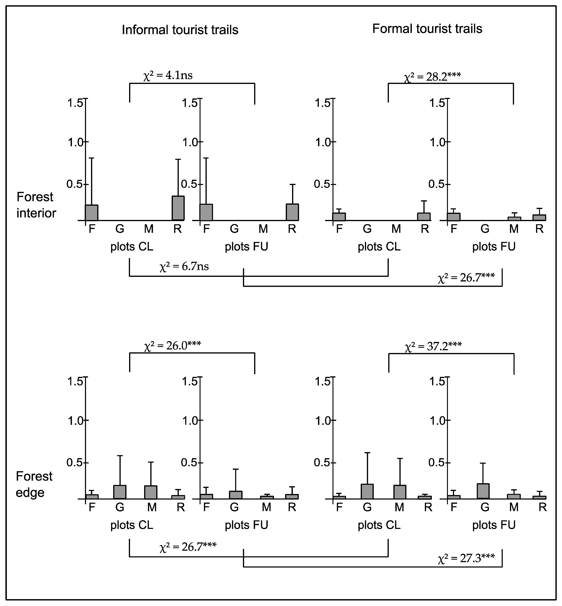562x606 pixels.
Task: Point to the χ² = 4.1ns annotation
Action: pos(168,75)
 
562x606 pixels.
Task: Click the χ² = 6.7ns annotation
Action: pos(184,266)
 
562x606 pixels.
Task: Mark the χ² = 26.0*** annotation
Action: pos(172,346)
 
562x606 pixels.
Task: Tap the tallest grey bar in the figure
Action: pos(178,208)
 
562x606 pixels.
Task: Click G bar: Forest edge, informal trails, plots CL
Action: pos(120,492)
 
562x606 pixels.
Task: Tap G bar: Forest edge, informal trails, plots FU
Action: pos(236,495)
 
